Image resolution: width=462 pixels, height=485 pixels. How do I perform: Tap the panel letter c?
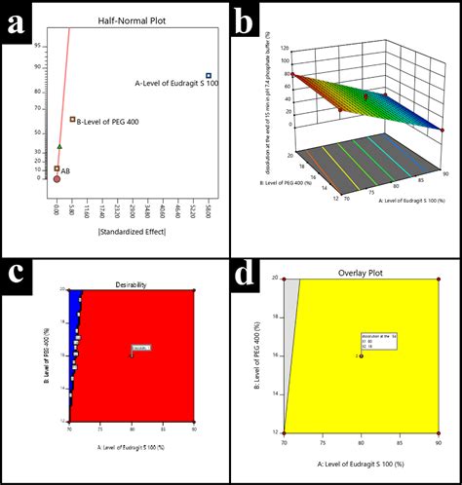19,275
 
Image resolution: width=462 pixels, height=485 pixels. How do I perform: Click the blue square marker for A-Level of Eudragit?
209,76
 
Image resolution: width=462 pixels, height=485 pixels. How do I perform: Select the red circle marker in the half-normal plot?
57,179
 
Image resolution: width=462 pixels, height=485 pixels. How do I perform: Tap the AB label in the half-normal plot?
65,170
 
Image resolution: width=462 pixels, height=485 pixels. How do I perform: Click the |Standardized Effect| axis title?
131,231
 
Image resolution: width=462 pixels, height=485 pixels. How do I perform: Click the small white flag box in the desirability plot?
140,348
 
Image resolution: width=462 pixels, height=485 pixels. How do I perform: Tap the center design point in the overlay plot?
361,356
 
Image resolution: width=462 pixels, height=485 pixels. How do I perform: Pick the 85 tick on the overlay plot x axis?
399,443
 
